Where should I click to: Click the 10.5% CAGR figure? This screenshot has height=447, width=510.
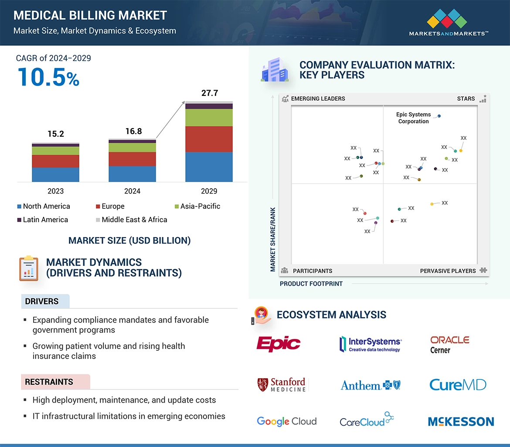[48, 77]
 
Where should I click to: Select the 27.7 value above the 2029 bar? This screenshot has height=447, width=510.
[209, 93]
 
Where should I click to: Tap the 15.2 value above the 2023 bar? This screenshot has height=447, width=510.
[55, 134]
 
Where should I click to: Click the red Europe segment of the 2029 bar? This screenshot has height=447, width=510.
[209, 139]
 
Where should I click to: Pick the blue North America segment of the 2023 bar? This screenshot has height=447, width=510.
[55, 174]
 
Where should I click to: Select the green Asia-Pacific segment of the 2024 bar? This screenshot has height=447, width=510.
[132, 147]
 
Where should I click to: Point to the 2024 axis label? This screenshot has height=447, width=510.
[132, 191]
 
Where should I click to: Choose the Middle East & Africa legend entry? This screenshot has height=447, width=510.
[131, 220]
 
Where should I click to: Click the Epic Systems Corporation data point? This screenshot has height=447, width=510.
[439, 116]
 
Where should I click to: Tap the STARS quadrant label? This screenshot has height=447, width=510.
[466, 98]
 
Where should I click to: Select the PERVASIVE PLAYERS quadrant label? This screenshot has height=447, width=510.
[448, 271]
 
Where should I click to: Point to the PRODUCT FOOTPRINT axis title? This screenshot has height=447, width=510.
[311, 284]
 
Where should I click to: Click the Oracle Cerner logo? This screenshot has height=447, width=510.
[449, 344]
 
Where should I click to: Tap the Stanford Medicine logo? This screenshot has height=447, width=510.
[282, 385]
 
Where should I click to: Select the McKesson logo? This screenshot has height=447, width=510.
[461, 421]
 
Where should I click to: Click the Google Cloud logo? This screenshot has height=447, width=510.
[286, 421]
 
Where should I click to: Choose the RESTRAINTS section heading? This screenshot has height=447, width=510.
[49, 382]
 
